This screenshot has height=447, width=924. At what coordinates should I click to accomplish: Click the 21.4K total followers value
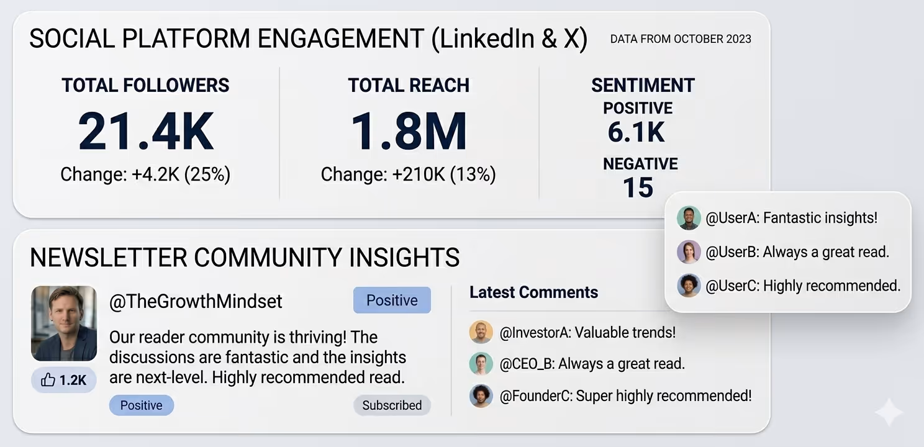(146, 132)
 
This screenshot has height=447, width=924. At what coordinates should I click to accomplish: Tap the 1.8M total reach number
(409, 132)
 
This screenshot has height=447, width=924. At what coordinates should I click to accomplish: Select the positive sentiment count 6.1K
(636, 132)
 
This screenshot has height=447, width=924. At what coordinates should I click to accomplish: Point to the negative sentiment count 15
(638, 187)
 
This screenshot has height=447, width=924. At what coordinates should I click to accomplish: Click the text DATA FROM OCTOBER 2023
(681, 39)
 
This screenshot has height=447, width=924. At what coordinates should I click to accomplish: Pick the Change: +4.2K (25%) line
(145, 174)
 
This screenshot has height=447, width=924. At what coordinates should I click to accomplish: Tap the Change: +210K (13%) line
(408, 174)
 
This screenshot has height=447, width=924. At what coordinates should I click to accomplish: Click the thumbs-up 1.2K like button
(64, 380)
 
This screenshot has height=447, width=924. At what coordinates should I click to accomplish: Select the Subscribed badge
(392, 405)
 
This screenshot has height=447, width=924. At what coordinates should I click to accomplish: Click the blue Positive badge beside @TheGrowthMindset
(392, 300)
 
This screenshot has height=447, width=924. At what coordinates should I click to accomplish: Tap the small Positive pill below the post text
(141, 405)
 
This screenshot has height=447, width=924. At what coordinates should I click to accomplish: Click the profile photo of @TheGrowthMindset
(64, 323)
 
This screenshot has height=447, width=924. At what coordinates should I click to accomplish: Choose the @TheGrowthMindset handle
(196, 302)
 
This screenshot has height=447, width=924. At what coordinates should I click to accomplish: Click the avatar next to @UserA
(689, 218)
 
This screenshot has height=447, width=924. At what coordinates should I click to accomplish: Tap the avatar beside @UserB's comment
(689, 252)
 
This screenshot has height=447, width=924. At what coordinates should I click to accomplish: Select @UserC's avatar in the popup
(689, 286)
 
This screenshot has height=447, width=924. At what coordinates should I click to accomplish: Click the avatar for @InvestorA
(481, 332)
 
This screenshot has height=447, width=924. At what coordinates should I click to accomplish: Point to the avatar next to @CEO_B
(481, 364)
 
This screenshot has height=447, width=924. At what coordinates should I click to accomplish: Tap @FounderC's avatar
(481, 395)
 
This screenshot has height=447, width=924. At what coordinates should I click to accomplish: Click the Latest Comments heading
(533, 292)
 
